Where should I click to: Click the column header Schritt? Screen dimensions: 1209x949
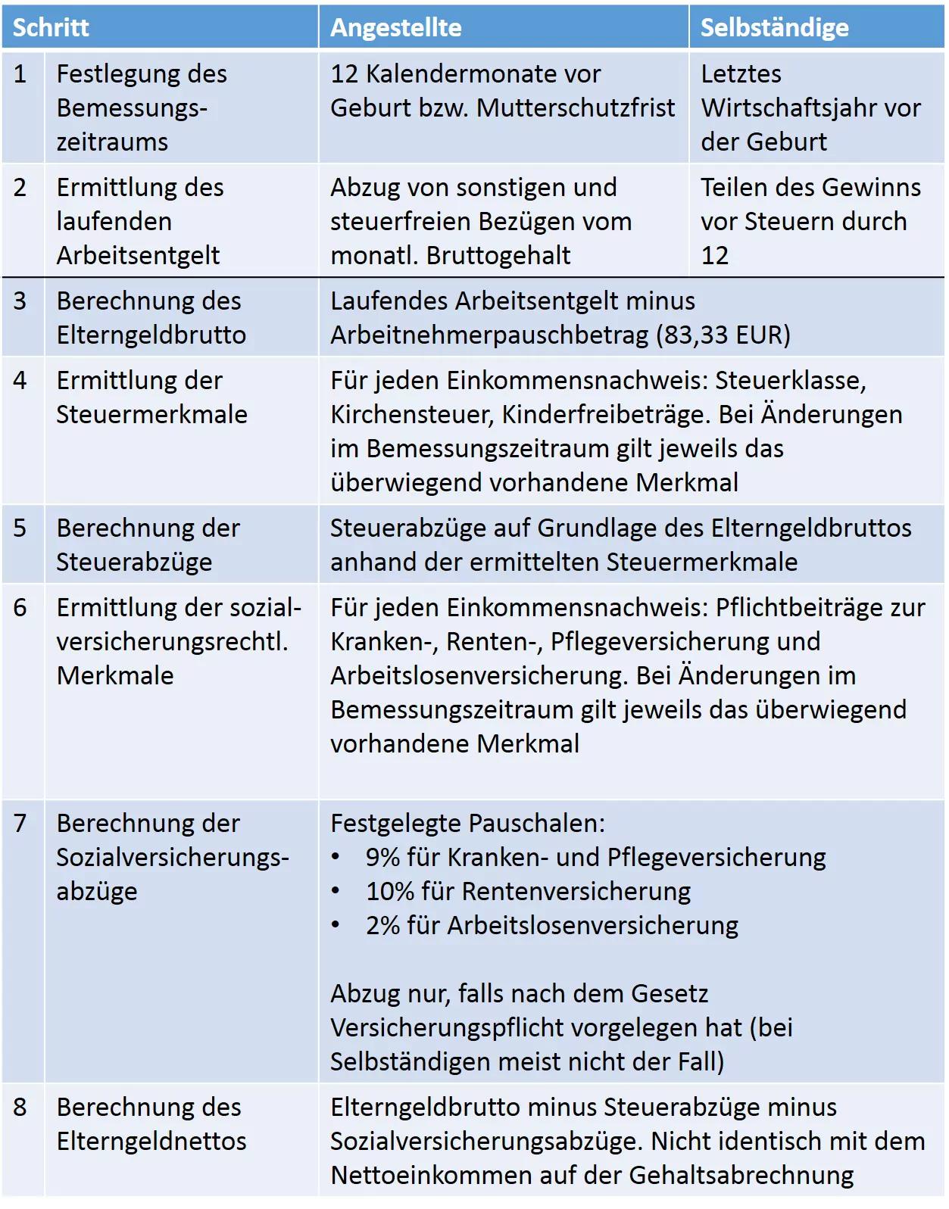click(x=51, y=27)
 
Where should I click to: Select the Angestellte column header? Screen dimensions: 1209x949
click(x=395, y=27)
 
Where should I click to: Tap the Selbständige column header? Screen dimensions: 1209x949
click(x=774, y=27)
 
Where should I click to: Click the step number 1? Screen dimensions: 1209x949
click(x=20, y=73)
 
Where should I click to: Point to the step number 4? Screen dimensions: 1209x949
click(x=20, y=380)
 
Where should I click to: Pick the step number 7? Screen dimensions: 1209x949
click(x=20, y=823)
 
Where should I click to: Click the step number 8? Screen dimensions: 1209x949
click(x=20, y=1107)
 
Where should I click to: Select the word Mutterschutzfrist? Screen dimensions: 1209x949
click(x=576, y=108)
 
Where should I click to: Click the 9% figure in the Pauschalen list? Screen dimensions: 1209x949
click(x=382, y=857)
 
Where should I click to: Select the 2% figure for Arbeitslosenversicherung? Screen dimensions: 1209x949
click(x=382, y=925)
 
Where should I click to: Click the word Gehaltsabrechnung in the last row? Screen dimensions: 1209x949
click(x=741, y=1175)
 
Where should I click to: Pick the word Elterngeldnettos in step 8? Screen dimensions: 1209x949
click(x=151, y=1141)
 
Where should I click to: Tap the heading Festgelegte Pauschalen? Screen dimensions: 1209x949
click(x=467, y=823)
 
